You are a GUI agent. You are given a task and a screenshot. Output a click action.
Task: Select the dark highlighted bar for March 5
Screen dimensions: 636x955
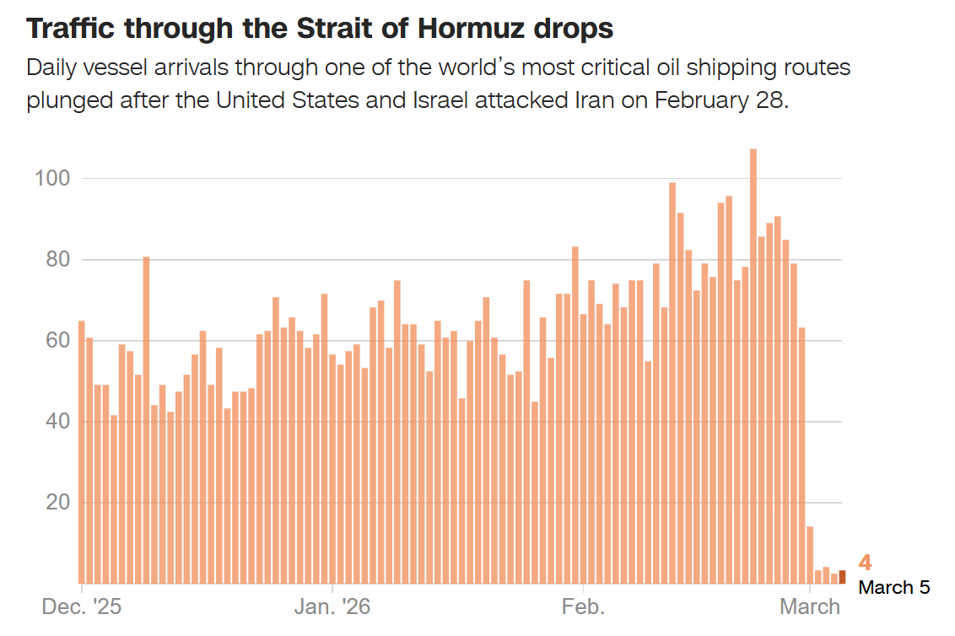842,576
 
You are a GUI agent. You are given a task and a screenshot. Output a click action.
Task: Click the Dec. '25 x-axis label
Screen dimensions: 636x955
81,606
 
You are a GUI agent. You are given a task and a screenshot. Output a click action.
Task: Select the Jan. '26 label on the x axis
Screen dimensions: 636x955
332,606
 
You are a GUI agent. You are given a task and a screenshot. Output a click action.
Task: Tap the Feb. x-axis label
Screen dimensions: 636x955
582,606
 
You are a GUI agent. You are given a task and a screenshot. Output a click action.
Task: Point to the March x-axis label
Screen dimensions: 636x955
808,606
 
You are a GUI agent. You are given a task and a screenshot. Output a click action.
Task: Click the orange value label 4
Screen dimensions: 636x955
865,563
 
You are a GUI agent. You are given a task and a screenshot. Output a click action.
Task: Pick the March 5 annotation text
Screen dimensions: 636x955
893,587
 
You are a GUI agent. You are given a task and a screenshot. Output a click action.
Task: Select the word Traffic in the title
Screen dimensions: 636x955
70,29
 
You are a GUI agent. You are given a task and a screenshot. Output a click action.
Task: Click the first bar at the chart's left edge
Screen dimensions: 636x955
81,451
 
